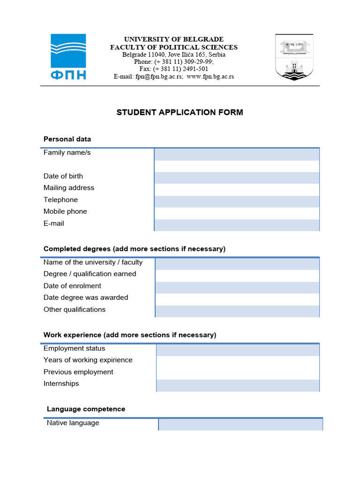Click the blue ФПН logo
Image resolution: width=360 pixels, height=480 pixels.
tap(68, 57)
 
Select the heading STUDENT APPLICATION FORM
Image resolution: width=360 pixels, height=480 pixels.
tap(180, 112)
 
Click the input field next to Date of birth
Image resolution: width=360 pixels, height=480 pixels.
tap(237, 178)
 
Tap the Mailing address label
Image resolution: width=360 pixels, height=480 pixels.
tap(69, 188)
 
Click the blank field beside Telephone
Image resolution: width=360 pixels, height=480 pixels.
tap(237, 202)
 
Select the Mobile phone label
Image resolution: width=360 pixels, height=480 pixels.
tap(65, 211)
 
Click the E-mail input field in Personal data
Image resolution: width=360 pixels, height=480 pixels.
tap(237, 225)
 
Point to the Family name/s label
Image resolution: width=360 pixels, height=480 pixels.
tap(67, 153)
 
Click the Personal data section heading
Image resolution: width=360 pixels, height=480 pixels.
tap(67, 139)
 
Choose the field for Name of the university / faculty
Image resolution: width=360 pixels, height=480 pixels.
tap(237, 264)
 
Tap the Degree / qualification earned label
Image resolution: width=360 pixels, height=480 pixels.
tap(90, 274)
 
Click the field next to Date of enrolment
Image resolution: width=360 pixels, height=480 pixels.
tap(237, 287)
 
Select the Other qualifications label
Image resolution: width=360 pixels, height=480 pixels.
tap(75, 309)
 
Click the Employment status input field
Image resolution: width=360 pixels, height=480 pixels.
tap(238, 350)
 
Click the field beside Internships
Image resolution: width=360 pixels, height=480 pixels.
tap(238, 385)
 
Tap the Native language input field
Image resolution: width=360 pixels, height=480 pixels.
tap(240, 424)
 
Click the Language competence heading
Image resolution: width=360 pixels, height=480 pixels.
tap(86, 409)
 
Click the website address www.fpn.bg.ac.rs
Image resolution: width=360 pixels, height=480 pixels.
tap(210, 76)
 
